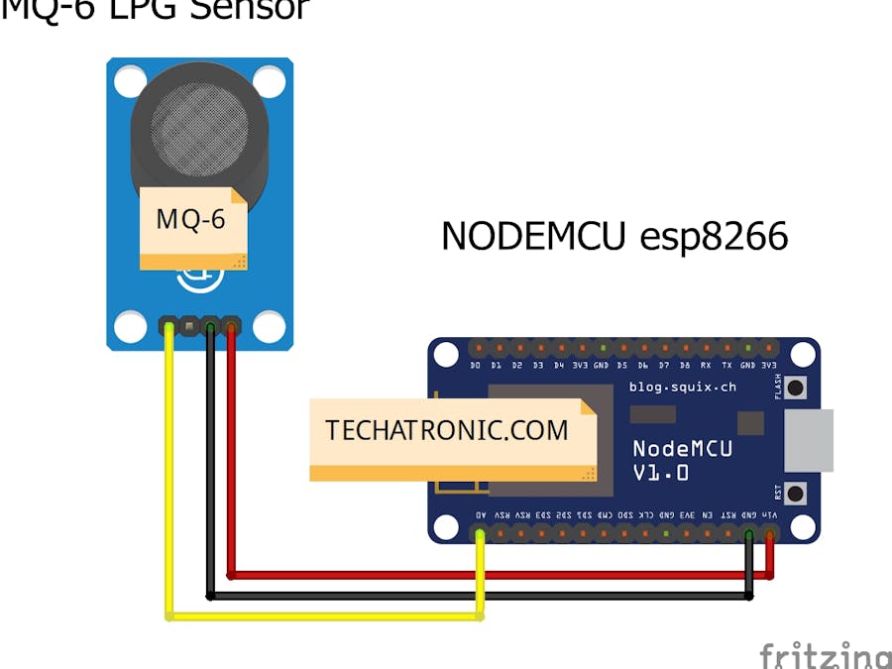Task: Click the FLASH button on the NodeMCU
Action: click(794, 387)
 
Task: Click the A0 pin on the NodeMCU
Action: click(480, 535)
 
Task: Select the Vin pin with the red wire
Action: click(770, 535)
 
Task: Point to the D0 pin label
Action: click(476, 366)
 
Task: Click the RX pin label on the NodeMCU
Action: click(706, 366)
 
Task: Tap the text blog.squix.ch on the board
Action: click(683, 387)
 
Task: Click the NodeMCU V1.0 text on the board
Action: click(682, 461)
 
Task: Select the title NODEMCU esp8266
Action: click(614, 237)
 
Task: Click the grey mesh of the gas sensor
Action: click(196, 124)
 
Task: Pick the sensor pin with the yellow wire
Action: click(169, 325)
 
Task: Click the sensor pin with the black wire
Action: click(210, 325)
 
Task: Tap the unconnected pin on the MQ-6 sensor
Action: click(190, 325)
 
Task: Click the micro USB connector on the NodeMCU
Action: click(809, 441)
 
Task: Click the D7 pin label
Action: click(664, 366)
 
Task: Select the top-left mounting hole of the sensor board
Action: click(130, 81)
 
